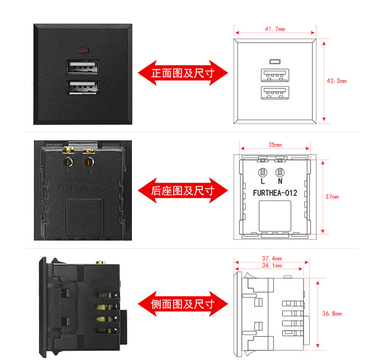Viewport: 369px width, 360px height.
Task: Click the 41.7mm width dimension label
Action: tap(275, 29)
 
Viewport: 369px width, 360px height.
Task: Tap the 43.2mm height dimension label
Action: tap(337, 81)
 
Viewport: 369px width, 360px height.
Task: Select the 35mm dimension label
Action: tap(275, 145)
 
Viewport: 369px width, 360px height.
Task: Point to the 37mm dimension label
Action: tap(332, 197)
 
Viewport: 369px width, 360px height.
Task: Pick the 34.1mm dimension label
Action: tap(272, 266)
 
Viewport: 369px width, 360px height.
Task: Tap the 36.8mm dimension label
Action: tap(332, 313)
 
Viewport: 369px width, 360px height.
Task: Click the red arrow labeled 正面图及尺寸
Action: tap(183, 73)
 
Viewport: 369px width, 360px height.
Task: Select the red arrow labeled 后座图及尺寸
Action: tap(183, 190)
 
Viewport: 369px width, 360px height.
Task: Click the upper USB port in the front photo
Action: tap(82, 67)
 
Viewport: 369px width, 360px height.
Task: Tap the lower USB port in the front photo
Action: tap(82, 87)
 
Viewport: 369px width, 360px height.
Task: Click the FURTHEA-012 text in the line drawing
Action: tap(275, 193)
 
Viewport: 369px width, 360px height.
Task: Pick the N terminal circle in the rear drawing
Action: tap(280, 172)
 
